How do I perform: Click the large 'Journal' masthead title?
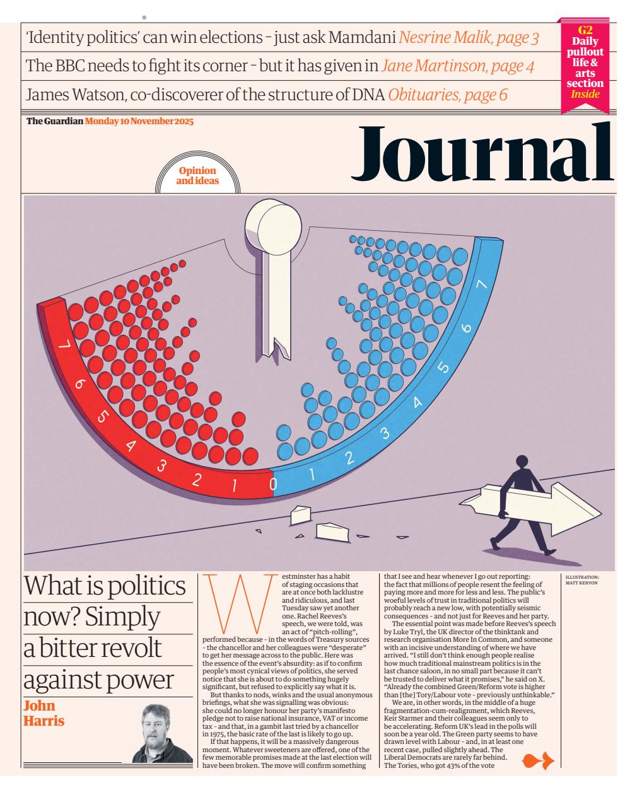[x=483, y=151]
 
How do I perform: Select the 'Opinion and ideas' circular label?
[x=198, y=175]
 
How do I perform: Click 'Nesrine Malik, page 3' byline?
[x=469, y=38]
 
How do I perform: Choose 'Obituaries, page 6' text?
[x=448, y=95]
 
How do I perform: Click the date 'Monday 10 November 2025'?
[x=139, y=121]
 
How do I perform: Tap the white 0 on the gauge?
[x=273, y=484]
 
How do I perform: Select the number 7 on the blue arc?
[x=483, y=285]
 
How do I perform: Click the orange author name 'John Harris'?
[x=44, y=712]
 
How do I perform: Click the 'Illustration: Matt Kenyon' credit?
[x=582, y=579]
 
